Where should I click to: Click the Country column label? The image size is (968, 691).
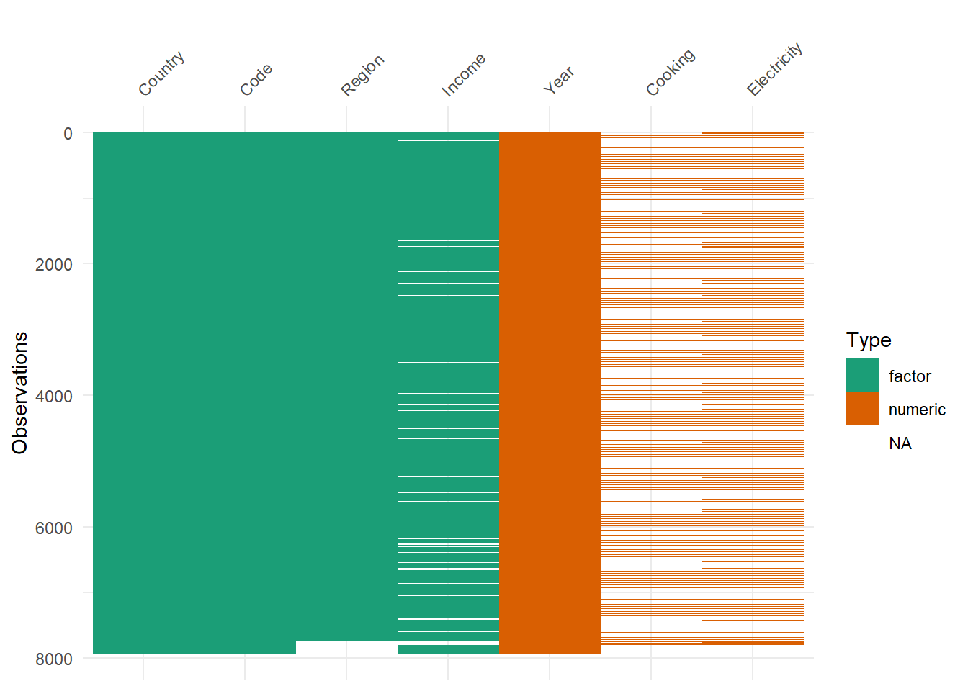point(161,73)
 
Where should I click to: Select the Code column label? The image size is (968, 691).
point(256,79)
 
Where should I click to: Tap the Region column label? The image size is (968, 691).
point(362,75)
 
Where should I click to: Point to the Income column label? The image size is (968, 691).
point(463,74)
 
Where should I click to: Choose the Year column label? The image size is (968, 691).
point(558,80)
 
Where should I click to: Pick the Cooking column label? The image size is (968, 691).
point(671,72)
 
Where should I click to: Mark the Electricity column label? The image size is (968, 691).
point(774,69)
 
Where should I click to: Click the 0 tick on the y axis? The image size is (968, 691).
point(68,133)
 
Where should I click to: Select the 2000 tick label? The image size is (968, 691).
point(54,265)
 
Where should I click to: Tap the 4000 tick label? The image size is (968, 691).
point(54,397)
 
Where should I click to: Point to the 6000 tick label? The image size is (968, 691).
point(54,528)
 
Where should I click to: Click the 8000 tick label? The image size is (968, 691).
point(54,659)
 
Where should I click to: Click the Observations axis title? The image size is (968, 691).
point(20,393)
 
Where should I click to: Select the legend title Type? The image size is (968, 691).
point(869,340)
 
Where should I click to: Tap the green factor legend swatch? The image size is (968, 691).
point(862,375)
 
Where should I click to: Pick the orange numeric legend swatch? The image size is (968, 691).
point(862,409)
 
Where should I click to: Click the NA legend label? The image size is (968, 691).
point(900,443)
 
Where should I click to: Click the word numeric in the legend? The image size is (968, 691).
point(917,410)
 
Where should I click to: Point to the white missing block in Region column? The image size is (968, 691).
point(346,648)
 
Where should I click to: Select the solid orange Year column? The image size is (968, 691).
point(550,393)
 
